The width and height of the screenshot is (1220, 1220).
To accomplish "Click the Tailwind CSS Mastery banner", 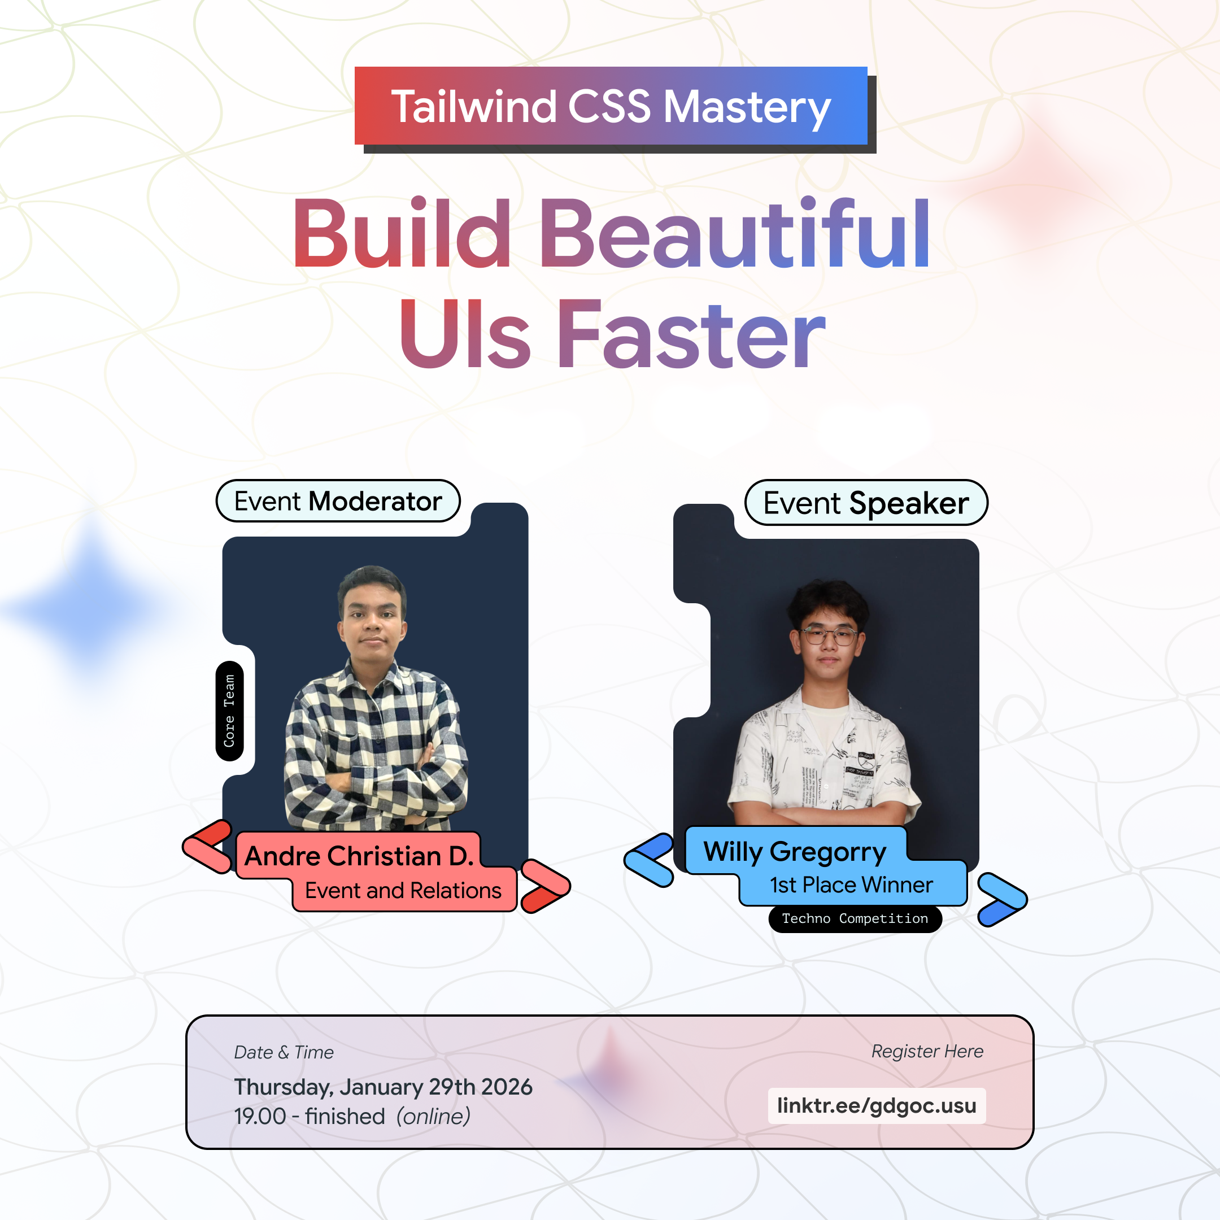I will [x=611, y=106].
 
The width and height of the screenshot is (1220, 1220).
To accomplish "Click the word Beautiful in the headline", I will [x=734, y=235].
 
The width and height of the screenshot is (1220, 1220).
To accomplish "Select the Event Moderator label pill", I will [x=338, y=502].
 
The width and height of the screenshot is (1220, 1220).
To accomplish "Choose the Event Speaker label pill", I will [x=866, y=503].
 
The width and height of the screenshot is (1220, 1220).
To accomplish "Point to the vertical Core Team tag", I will [x=229, y=711].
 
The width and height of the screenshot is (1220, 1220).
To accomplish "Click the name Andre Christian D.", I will [x=359, y=856].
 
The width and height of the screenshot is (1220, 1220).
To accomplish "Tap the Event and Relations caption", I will [x=403, y=890].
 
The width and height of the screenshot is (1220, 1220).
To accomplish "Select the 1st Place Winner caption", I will [x=851, y=884].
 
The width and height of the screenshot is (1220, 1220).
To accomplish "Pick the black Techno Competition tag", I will [x=855, y=918].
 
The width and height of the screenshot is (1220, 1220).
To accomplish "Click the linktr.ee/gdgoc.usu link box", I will [x=877, y=1106].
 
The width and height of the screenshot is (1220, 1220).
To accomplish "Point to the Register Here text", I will [x=927, y=1051].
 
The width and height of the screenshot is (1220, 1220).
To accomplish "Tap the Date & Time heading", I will [x=284, y=1053].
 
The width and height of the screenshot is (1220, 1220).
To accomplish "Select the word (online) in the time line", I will [x=433, y=1117].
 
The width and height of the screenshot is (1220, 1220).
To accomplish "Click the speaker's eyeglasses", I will [x=829, y=635].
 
